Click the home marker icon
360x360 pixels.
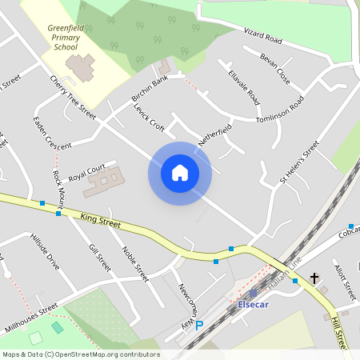coord(179,173)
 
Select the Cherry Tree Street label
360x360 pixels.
coord(73,98)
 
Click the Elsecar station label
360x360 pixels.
coord(255,304)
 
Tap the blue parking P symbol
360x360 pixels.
coord(199,326)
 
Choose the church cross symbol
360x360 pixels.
coord(314,278)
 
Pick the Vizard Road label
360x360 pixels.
coord(263,35)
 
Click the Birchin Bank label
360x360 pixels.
coord(150,89)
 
